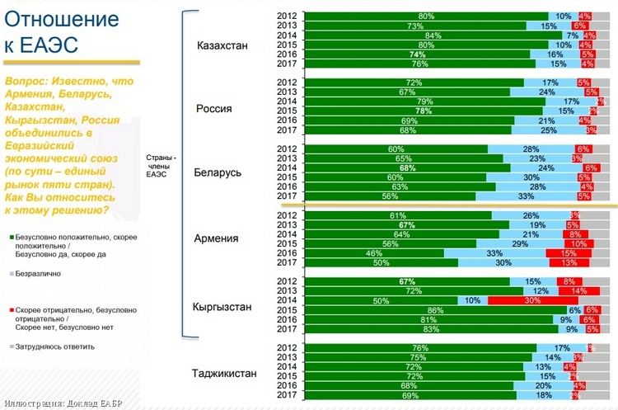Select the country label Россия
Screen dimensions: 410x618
(213, 109)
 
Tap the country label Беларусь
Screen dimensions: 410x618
(218, 173)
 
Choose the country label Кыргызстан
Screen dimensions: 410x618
(222, 306)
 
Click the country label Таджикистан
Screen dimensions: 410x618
(224, 373)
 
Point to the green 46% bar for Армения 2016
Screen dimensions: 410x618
(373, 252)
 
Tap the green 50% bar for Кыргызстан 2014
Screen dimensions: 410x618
(381, 300)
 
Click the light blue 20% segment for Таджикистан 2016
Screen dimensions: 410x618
(542, 385)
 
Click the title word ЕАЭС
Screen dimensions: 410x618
(49, 47)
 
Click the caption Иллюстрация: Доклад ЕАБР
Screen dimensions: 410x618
(64, 403)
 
